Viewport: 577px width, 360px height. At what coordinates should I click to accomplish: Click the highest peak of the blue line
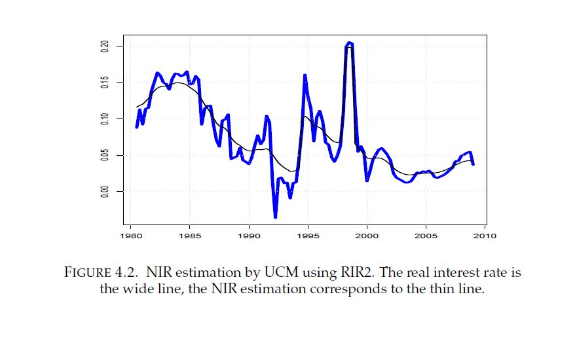pyautogui.click(x=350, y=43)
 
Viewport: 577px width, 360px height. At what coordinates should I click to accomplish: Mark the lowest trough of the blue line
pyautogui.click(x=275, y=217)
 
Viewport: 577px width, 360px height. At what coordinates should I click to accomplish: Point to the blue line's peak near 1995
pyautogui.click(x=305, y=75)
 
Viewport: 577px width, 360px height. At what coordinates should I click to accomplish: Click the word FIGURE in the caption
pyautogui.click(x=94, y=272)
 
